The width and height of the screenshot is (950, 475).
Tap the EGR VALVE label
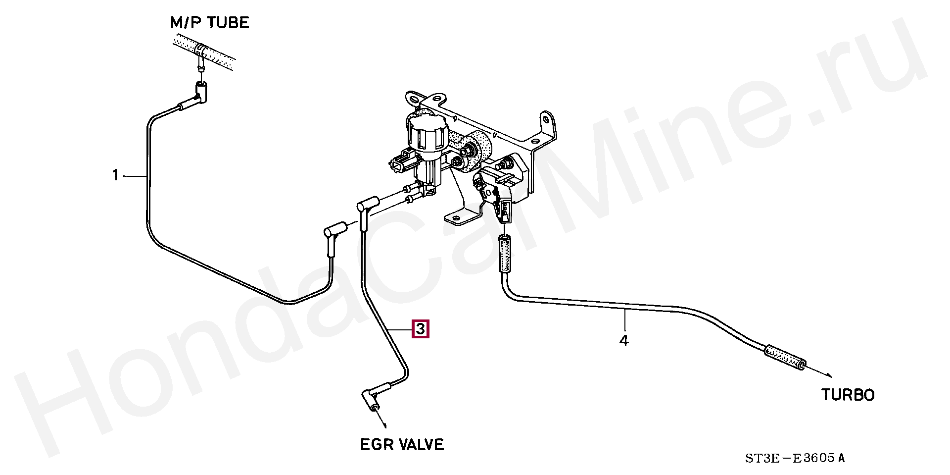point(402,444)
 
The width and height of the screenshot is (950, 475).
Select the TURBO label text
point(848,395)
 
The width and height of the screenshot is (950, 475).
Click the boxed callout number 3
point(420,329)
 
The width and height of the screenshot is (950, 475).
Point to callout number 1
point(115,175)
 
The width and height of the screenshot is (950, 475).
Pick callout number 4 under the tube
point(624,341)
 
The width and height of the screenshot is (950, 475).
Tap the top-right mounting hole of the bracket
point(545,119)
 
